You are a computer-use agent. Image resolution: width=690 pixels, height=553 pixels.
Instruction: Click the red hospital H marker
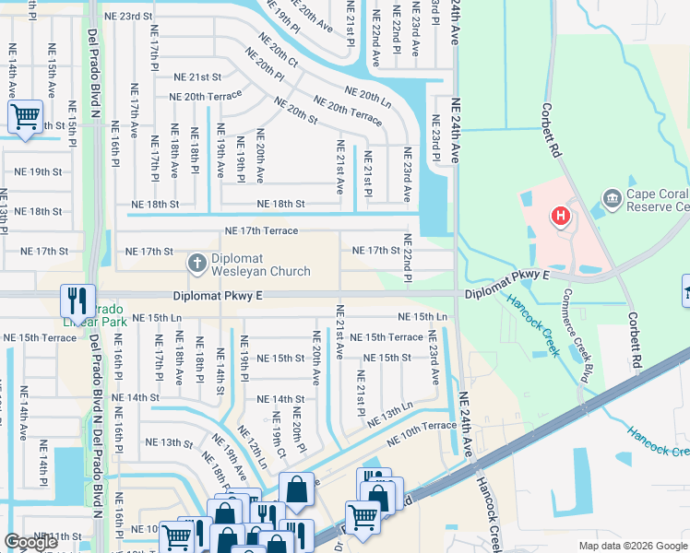(x=559, y=218)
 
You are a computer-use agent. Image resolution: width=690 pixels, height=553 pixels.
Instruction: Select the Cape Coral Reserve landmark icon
(x=611, y=198)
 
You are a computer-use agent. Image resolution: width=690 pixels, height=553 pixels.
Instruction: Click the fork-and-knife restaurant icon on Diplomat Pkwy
(x=76, y=300)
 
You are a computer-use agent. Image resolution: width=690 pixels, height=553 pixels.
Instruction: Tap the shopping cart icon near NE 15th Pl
(x=25, y=118)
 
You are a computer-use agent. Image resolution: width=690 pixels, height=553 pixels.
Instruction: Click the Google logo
(x=30, y=542)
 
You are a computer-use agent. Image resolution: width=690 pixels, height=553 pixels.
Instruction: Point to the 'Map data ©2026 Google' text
(x=632, y=546)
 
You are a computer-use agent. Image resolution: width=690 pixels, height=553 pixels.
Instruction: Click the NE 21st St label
(x=193, y=77)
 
